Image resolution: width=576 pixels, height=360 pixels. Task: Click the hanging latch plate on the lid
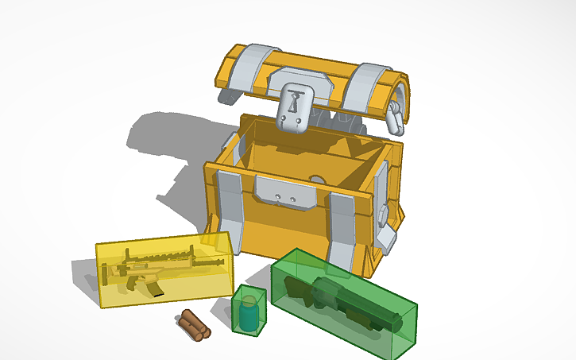tap(296, 106)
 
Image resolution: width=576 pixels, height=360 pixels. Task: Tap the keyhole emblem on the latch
tap(296, 102)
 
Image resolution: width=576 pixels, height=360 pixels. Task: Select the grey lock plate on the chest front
tap(284, 193)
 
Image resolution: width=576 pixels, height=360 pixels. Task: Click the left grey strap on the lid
tap(253, 67)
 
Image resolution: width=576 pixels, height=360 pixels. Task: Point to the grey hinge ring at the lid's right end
tap(395, 118)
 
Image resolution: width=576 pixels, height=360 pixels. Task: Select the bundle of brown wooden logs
tap(193, 323)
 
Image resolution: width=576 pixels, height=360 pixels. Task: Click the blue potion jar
tap(249, 314)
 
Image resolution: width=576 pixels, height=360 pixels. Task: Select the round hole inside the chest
tap(315, 180)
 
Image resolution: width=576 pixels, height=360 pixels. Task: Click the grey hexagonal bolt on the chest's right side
tap(383, 212)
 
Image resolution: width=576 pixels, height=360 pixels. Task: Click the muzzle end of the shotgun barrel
tap(395, 322)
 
